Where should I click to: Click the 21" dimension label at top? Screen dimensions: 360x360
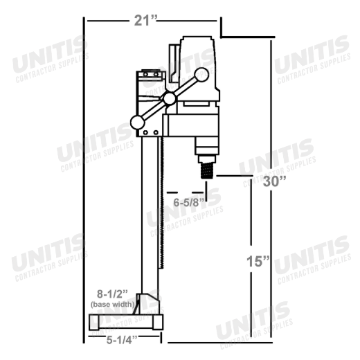coord(145,21)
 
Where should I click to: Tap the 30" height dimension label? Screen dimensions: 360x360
coord(274,181)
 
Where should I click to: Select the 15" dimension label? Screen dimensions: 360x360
coord(258,262)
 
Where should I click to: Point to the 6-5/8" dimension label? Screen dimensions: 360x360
coord(189,203)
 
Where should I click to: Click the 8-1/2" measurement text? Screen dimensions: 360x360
coord(112,294)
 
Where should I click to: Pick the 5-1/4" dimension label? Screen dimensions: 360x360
coord(122,340)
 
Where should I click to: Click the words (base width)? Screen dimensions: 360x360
coord(112,305)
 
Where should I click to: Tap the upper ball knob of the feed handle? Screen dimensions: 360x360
coord(201,75)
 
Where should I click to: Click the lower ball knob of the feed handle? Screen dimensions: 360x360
coord(138,123)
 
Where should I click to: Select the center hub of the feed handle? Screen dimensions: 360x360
coord(170,98)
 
